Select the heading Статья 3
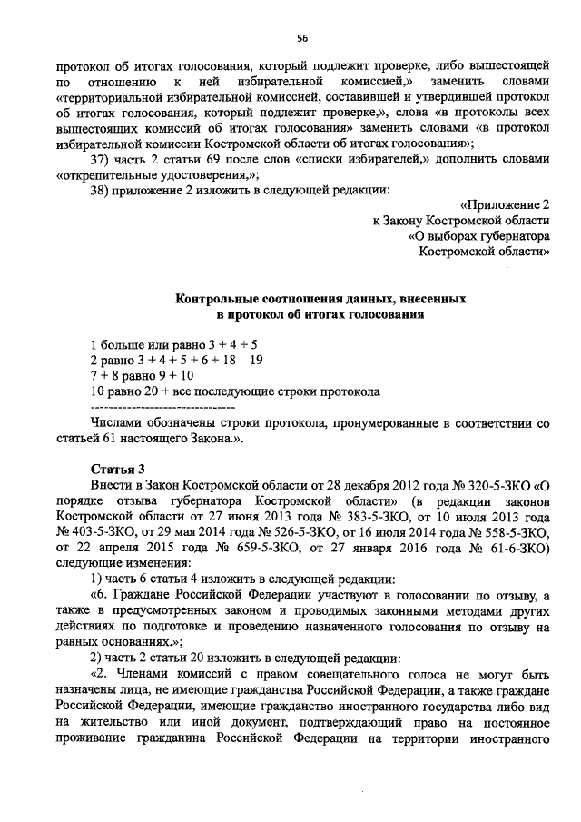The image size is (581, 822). [x=118, y=469]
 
